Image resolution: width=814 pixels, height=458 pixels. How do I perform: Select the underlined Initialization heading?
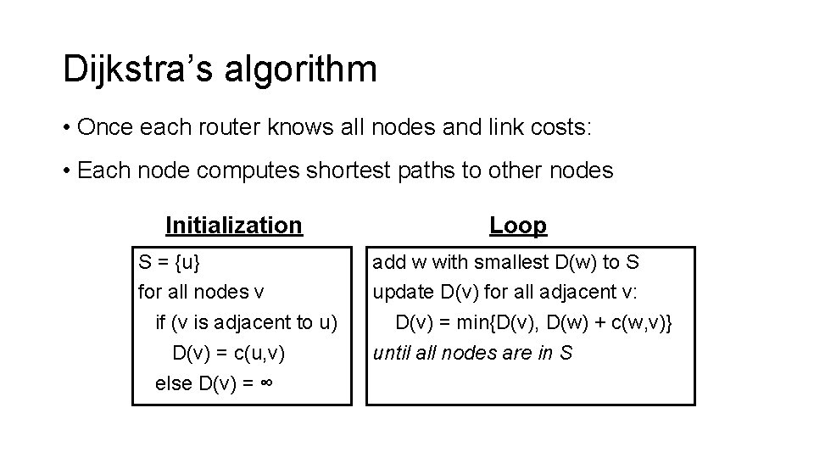coord(233,225)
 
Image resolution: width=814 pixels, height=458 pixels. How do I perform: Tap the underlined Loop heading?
coord(518,225)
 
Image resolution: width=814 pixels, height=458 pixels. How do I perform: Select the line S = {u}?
coord(170,263)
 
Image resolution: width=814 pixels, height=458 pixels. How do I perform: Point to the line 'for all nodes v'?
coord(201,293)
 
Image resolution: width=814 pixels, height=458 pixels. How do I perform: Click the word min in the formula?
coord(481,322)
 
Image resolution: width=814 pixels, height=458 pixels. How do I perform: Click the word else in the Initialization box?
coord(174,383)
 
